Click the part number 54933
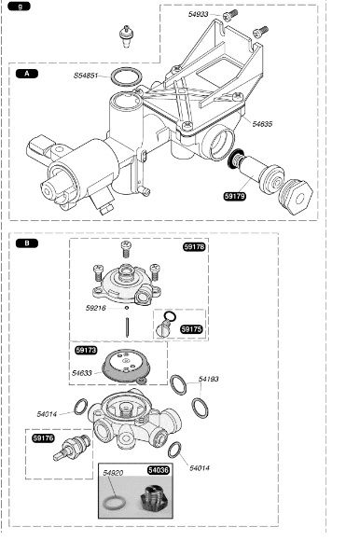[x=198, y=14]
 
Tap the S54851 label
[x=86, y=76]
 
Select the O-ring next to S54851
[x=126, y=76]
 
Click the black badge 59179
[x=235, y=196]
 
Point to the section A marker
[x=27, y=74]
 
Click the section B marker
[x=27, y=243]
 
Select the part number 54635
[x=262, y=124]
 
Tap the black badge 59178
[x=195, y=246]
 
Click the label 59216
[x=95, y=308]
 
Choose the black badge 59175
[x=191, y=329]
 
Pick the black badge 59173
[x=86, y=350]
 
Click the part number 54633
[x=82, y=373]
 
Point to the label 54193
[x=209, y=379]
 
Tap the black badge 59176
[x=44, y=438]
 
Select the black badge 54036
[x=159, y=470]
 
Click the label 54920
[x=113, y=473]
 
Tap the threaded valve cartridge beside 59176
[x=73, y=448]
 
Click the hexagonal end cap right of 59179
[x=297, y=197]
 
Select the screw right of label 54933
[x=230, y=15]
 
